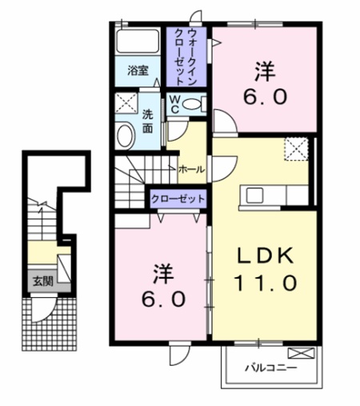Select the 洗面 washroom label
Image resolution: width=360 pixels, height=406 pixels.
click(148, 121)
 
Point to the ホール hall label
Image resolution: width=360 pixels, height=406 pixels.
click(191, 170)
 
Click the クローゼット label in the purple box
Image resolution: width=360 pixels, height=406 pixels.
click(178, 198)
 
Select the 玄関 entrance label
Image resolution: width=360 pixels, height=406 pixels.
click(40, 281)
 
